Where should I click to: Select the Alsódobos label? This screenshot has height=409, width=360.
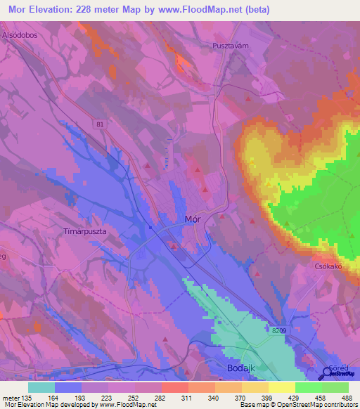point(19,34)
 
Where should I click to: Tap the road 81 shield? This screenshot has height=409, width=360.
point(101,124)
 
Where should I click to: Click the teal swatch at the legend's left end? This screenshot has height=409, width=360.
point(41,387)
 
